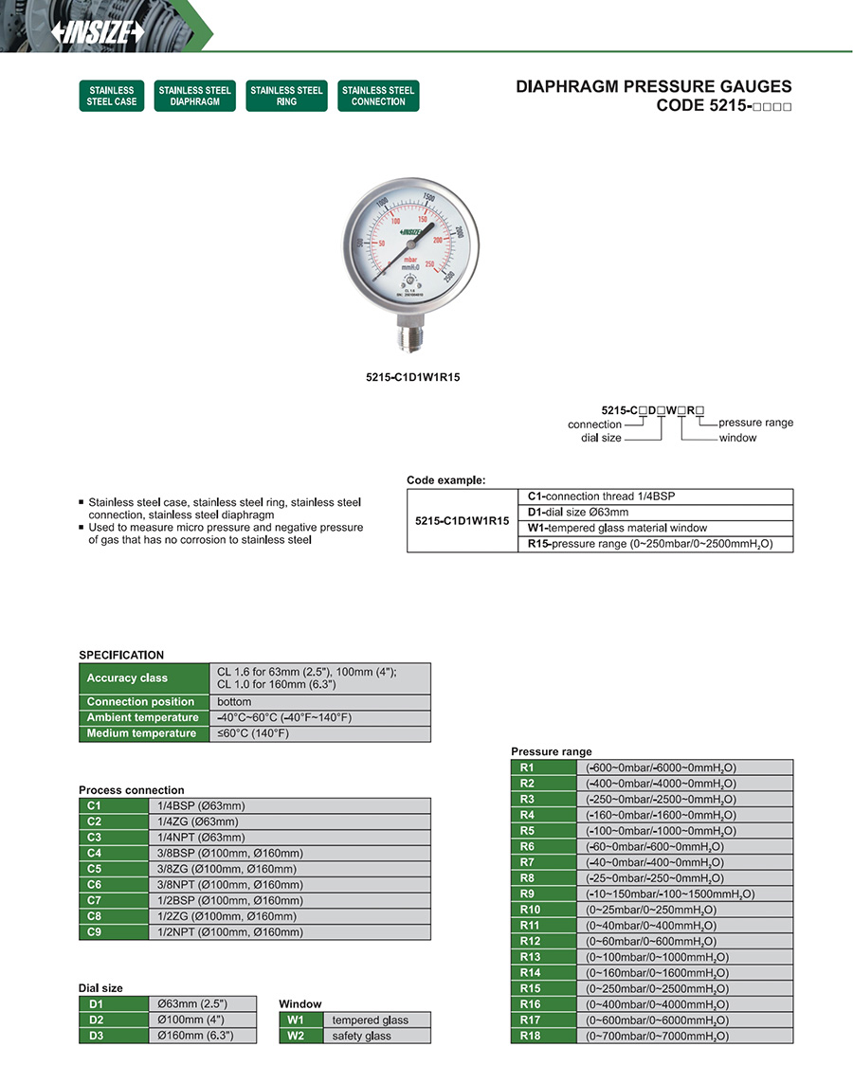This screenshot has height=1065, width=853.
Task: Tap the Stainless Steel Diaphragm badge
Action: click(194, 96)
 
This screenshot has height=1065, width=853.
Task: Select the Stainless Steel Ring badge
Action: click(286, 96)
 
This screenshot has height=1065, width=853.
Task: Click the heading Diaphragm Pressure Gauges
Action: click(653, 86)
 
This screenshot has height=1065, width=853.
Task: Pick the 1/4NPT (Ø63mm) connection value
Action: click(201, 837)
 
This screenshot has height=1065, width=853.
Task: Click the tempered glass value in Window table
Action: click(370, 1020)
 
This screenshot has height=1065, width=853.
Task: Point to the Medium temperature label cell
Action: click(143, 733)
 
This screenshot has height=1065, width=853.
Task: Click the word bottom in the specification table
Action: click(234, 702)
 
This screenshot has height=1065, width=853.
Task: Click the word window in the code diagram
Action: click(737, 438)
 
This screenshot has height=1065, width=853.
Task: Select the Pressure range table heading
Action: click(551, 751)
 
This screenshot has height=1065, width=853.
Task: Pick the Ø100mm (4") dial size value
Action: click(190, 1020)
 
